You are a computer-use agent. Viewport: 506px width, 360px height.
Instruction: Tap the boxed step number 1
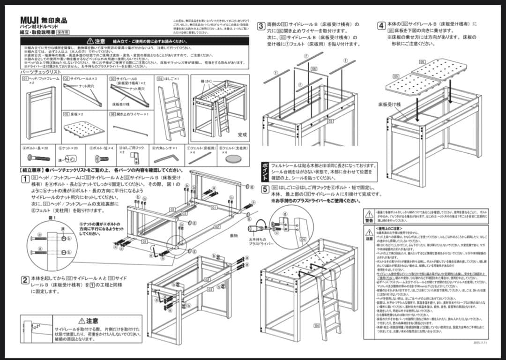25,179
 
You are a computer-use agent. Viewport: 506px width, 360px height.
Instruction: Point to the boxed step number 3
261,26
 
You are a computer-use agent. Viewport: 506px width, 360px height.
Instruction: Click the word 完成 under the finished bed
242,135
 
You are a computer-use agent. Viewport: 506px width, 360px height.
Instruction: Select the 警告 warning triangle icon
369,214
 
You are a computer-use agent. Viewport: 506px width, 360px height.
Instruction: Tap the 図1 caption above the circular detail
39,217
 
